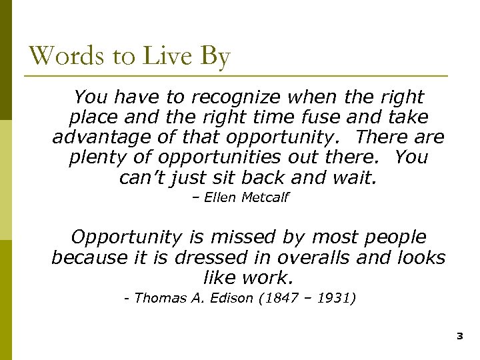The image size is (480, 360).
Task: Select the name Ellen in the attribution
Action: (221, 198)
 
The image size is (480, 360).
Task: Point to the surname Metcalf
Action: (265, 198)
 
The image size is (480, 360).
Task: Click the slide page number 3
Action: (459, 337)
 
